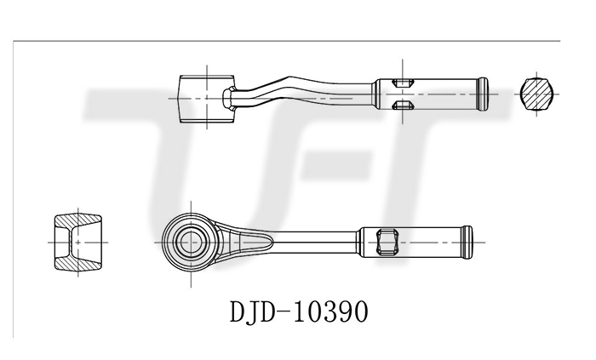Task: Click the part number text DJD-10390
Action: tap(299, 311)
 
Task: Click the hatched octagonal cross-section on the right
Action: tap(536, 94)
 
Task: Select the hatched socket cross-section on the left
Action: tap(78, 243)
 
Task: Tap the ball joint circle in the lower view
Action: tap(191, 243)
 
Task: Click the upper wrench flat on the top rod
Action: tap(403, 83)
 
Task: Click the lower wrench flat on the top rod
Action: tap(403, 105)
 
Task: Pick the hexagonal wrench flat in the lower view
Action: tap(387, 242)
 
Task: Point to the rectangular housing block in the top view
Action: tap(207, 99)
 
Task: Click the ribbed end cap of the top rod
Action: tap(483, 94)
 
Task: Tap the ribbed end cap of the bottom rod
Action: tap(467, 243)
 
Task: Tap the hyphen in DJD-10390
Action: tap(284, 312)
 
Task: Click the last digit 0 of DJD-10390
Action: tap(361, 311)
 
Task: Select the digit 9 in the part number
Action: tap(345, 311)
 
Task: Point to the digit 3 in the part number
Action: tap(330, 311)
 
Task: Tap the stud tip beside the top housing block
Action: tap(229, 99)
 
